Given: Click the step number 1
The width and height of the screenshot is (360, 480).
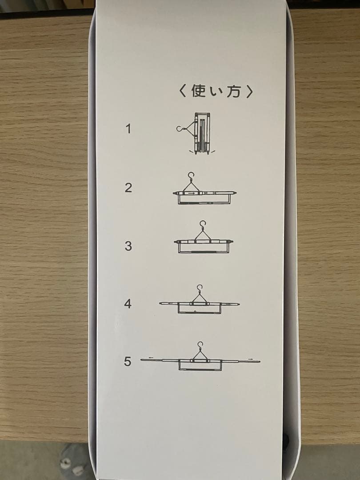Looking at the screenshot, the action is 128,129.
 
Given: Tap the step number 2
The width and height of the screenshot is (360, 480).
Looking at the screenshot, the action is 128,188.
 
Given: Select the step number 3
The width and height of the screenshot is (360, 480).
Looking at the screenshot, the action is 128,246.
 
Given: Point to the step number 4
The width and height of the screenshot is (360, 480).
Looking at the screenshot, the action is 128,304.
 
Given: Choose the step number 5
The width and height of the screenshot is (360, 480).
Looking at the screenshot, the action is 128,361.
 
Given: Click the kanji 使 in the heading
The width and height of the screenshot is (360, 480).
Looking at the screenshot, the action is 198,91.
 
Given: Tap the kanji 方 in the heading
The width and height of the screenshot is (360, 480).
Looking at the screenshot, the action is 234,91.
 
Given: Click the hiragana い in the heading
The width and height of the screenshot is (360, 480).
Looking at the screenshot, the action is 216,92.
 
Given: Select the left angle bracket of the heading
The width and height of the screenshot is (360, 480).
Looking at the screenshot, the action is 183,91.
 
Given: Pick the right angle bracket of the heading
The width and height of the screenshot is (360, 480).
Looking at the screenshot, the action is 249,91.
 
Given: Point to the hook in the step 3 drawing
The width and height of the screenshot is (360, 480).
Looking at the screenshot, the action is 203,224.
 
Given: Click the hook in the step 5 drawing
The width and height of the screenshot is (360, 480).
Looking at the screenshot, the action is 200,345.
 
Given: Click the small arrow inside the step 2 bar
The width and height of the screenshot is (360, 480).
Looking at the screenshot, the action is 192,193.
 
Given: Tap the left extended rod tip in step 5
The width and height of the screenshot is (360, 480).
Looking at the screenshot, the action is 141,360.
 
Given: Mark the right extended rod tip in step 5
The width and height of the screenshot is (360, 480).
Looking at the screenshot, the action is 259,361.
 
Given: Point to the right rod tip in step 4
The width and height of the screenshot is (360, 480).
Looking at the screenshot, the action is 239,304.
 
